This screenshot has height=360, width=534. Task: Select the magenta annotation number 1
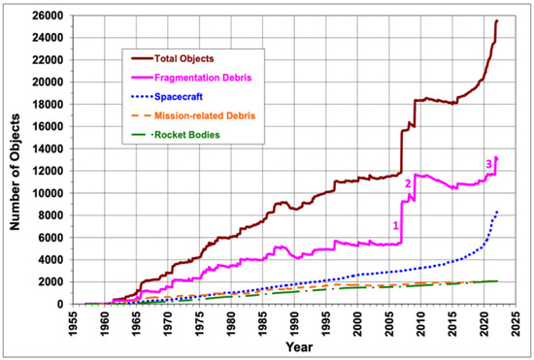[395, 225]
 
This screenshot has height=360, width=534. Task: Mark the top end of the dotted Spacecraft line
[498, 211]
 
